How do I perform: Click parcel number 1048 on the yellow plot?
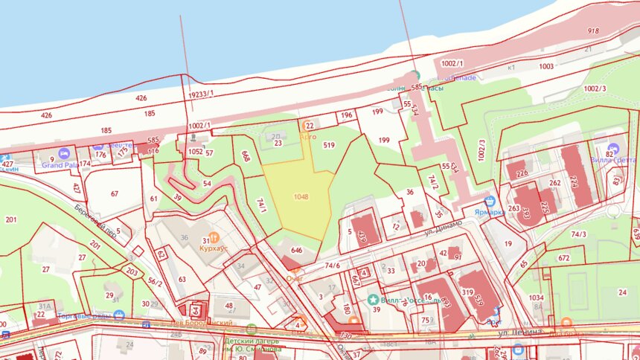301,196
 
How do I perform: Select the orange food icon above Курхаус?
214,237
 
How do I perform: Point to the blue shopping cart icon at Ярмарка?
490,201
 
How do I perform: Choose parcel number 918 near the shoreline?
592,31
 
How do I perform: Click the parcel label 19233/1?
201,94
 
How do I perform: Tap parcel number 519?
329,146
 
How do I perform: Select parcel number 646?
296,251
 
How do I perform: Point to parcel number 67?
115,193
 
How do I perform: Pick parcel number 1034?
537,298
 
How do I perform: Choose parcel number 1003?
546,66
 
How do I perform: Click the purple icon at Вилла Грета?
612,148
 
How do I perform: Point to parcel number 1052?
195,151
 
